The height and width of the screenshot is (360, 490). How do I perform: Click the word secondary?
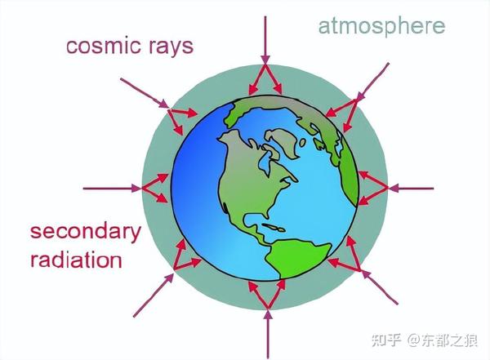tap(85, 232)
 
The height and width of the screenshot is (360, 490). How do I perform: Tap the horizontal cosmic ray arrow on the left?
tap(111, 188)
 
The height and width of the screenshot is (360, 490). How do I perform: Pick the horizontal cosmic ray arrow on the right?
tap(412, 188)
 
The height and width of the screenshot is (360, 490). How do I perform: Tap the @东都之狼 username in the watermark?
tap(444, 339)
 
